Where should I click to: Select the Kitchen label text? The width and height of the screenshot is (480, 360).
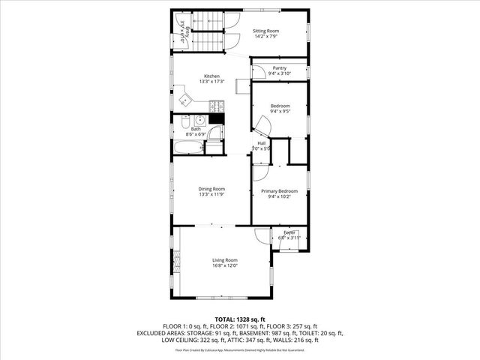(212, 79)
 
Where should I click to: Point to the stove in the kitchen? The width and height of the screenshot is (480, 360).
(216, 118)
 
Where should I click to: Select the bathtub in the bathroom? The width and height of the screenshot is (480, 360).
(187, 148)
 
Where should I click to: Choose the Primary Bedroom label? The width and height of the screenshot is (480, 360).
(279, 194)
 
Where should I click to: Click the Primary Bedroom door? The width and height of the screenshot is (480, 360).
(259, 172)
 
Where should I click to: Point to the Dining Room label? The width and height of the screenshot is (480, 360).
(211, 191)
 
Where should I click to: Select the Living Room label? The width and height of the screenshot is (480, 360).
(224, 262)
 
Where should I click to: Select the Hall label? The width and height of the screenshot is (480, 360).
(262, 145)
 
